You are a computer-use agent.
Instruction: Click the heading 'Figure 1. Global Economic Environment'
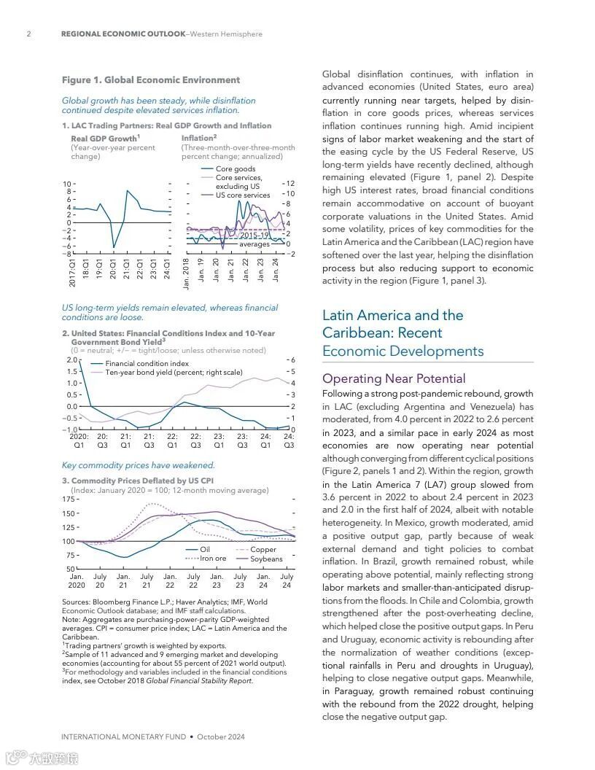pos(150,80)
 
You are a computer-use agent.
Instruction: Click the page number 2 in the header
pos(28,34)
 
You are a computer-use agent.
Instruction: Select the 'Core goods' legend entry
pos(236,169)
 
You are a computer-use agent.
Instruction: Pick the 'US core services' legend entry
pos(243,195)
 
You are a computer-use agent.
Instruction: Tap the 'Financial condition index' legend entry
pos(147,363)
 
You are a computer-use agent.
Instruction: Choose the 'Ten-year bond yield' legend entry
pos(174,373)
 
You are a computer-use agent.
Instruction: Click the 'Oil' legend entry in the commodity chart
pos(205,550)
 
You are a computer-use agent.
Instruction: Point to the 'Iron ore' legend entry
pos(213,559)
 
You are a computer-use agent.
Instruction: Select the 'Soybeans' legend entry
pos(266,559)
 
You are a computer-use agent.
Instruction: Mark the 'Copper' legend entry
pos(263,550)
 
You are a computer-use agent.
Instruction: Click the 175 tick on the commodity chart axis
pos(68,499)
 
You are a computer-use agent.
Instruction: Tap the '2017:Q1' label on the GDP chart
pos(73,271)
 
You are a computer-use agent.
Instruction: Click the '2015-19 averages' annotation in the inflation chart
pos(254,240)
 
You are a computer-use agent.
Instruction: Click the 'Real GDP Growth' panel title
pos(105,139)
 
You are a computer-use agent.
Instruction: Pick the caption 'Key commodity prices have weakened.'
pos(139,465)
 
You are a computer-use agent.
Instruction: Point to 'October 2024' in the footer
pos(221,736)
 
